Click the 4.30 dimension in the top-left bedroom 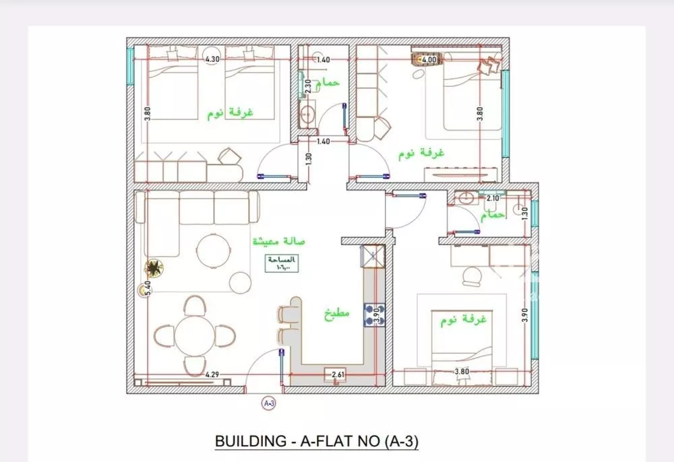click(x=212, y=59)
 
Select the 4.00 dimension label click(x=429, y=59)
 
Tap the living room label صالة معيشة click(x=279, y=241)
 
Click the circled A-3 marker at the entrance click(x=268, y=403)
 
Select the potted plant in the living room click(x=154, y=269)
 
